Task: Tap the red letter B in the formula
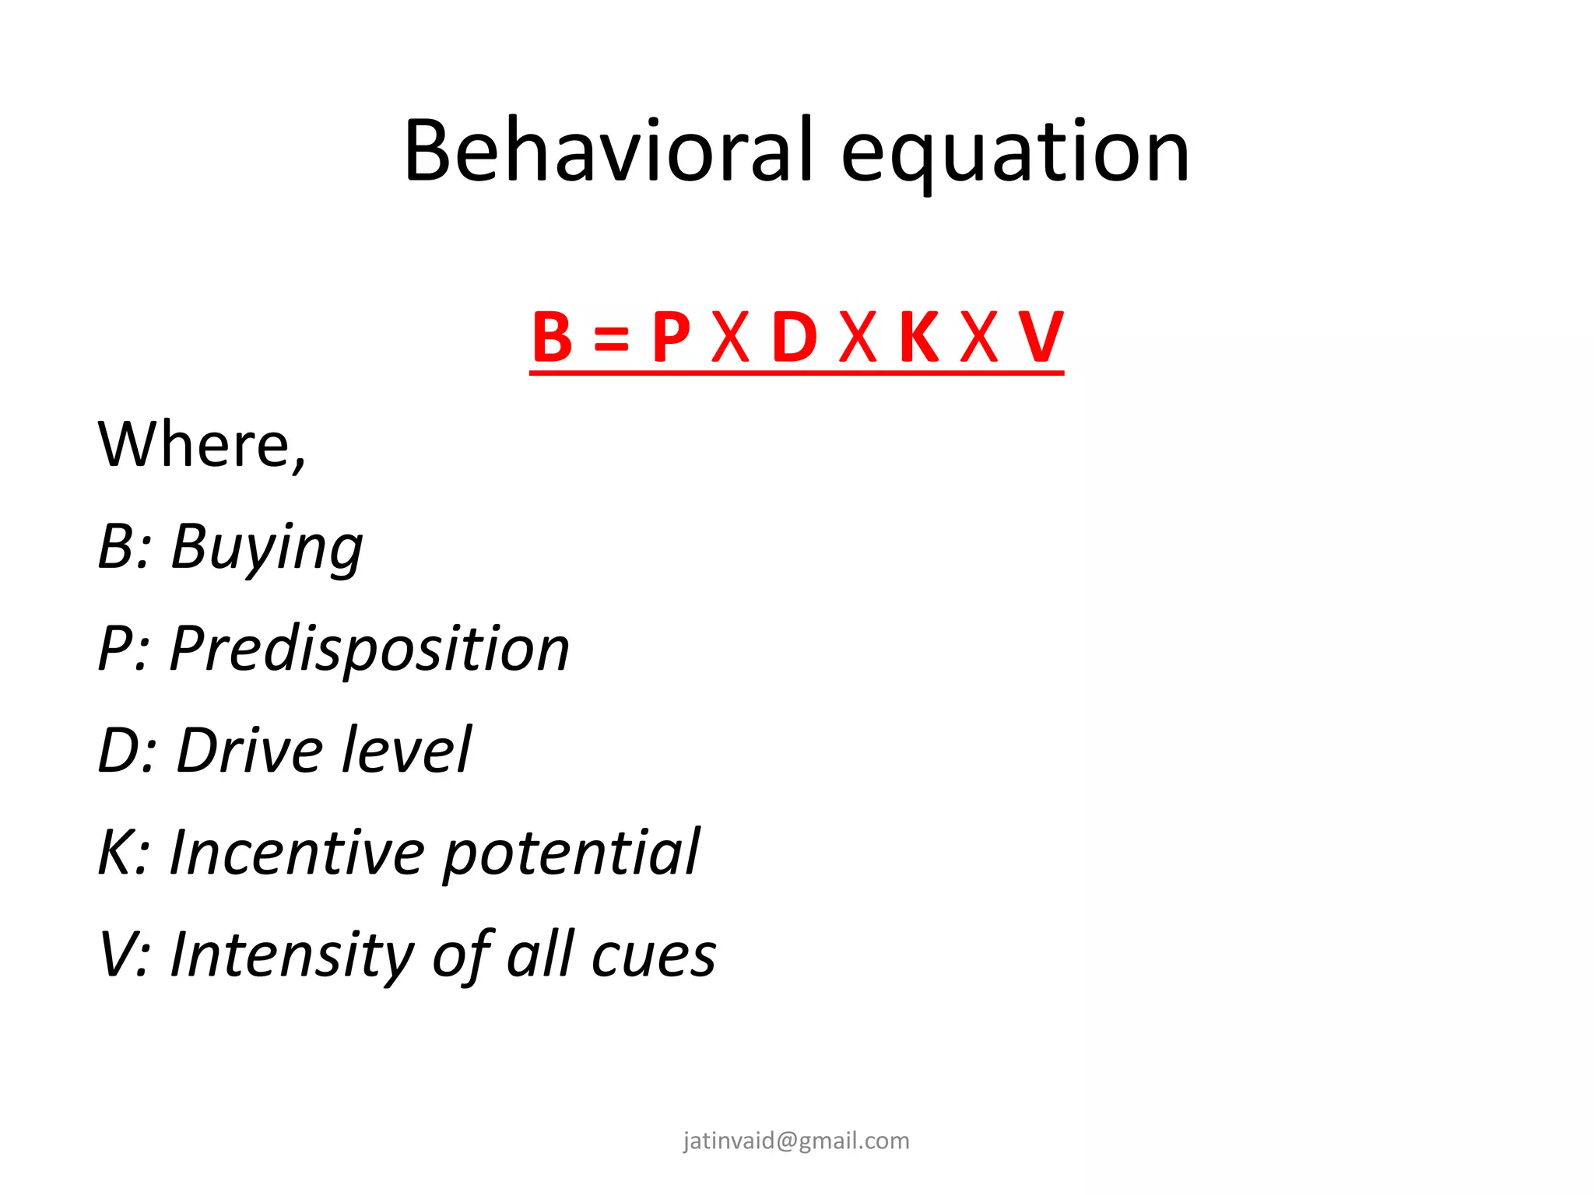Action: click(552, 338)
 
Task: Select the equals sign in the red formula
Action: click(611, 339)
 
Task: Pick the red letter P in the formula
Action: click(671, 338)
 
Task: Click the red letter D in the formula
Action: click(795, 338)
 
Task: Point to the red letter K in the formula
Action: click(918, 338)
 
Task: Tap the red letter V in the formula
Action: click(1041, 338)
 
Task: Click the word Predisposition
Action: click(370, 650)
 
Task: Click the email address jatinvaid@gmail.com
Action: click(796, 1141)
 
